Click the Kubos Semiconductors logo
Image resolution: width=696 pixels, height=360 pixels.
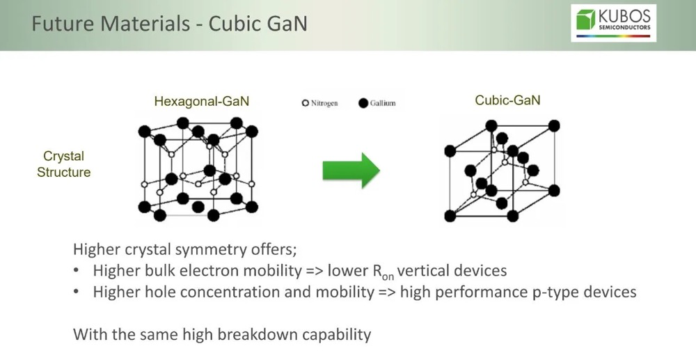613,23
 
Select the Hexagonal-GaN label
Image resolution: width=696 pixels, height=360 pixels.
201,102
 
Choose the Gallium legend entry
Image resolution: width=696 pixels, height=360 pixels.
377,103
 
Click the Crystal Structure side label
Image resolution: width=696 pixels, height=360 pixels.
63,164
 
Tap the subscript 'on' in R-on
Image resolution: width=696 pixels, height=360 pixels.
388,276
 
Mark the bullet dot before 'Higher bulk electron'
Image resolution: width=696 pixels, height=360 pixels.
79,271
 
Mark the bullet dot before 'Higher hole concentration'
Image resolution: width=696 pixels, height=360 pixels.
79,292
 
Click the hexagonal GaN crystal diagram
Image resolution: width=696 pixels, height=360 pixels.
199,170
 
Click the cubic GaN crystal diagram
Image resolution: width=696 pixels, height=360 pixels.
501,171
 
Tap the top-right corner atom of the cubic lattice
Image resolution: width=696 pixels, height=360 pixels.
554,126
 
